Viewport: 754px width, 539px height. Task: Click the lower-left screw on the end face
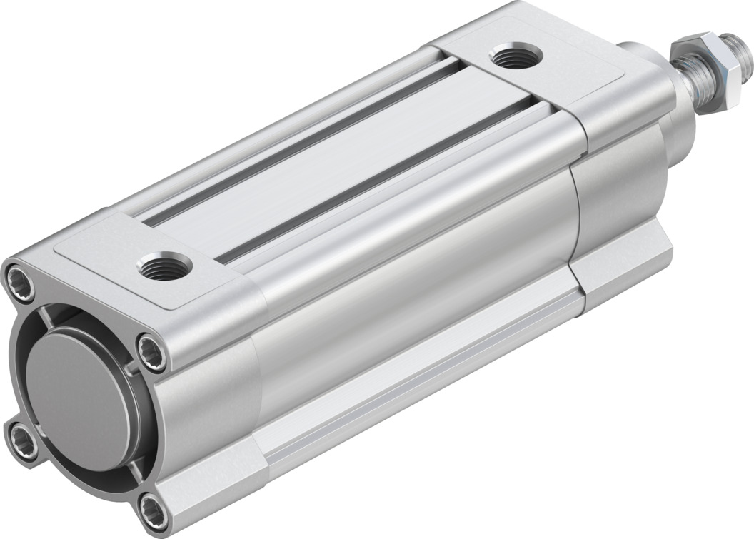[18, 434]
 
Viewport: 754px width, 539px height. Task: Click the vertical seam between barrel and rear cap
[575, 214]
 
